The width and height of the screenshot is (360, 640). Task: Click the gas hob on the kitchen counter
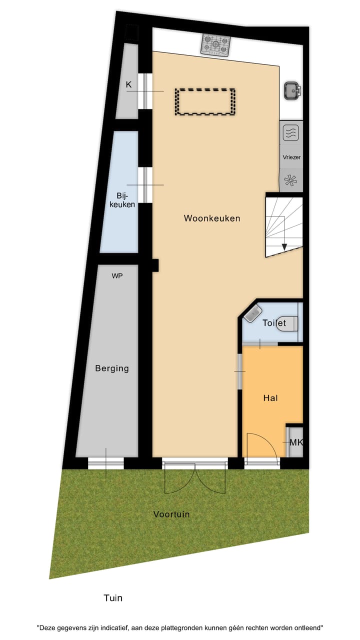click(x=215, y=44)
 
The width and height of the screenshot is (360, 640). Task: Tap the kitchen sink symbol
click(x=292, y=90)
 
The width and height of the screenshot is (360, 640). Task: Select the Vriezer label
click(x=291, y=157)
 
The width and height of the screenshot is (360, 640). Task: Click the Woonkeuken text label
click(x=212, y=218)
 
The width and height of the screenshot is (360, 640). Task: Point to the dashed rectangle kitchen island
click(x=205, y=102)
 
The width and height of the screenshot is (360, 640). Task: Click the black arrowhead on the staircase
click(x=284, y=246)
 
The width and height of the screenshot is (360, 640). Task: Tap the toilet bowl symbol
click(x=288, y=323)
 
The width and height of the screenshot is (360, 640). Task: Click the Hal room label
click(x=270, y=398)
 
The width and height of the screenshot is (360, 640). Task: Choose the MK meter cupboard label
click(x=296, y=442)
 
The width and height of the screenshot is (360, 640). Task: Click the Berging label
click(x=112, y=368)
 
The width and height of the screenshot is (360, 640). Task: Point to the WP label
click(x=117, y=275)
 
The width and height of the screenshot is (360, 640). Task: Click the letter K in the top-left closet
click(x=128, y=84)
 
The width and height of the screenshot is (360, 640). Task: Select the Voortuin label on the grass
click(x=171, y=514)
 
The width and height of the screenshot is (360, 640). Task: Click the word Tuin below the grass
click(x=113, y=597)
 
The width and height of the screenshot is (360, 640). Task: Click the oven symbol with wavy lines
click(x=290, y=133)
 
